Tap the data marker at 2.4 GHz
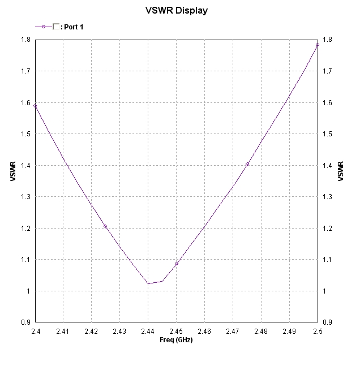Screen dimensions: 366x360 tap(35, 105)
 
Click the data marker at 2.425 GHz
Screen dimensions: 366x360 tap(105, 226)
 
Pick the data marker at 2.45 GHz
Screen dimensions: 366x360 tap(176, 264)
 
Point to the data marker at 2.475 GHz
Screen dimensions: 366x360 tap(247, 164)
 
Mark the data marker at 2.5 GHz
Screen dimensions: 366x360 tap(318, 45)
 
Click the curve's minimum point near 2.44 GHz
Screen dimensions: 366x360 tap(148, 283)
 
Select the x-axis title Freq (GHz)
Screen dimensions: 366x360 tap(176, 340)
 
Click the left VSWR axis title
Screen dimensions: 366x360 tap(13, 172)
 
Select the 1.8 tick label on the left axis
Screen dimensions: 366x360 tap(26, 40)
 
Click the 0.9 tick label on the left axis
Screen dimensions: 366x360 tap(26, 322)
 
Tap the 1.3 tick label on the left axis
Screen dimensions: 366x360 tap(26, 197)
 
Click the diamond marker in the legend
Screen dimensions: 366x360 tap(43, 27)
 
